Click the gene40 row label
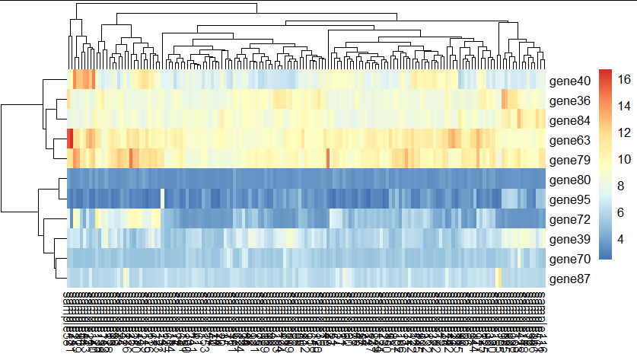(569, 81)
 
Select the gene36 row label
(569, 100)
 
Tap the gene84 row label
(569, 120)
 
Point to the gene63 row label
(569, 140)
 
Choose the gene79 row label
(569, 160)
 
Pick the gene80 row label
(569, 180)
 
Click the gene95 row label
(569, 200)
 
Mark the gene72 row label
(569, 220)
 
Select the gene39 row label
(569, 240)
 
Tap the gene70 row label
(569, 260)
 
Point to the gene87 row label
(569, 279)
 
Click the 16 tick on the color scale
(624, 78)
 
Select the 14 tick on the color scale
(624, 106)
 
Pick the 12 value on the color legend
(624, 132)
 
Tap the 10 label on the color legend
(624, 159)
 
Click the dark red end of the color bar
(606, 72)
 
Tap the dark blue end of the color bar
(606, 257)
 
